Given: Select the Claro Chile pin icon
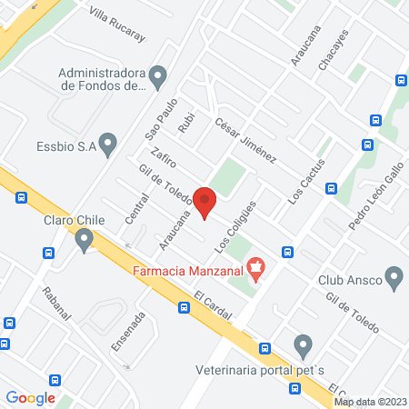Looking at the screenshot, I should (85, 241).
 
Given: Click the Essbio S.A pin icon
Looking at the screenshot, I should (108, 142).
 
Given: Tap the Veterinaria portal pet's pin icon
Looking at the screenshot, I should (304, 345).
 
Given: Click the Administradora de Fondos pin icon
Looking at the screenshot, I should (158, 75).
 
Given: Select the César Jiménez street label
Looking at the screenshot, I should (245, 141).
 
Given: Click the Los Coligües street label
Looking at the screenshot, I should (231, 228).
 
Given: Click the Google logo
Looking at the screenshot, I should (31, 397).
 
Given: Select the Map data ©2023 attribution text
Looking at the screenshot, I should (369, 402).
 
